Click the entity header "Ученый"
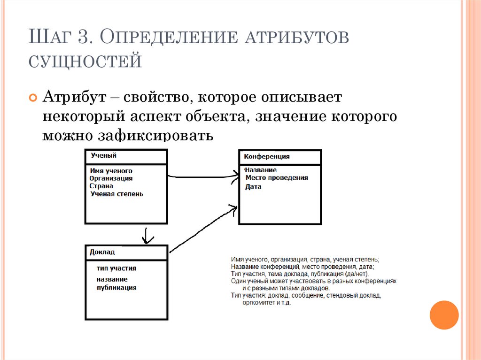pyautogui.click(x=103, y=156)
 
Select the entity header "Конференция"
pyautogui.click(x=266, y=157)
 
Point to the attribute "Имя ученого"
pyautogui.click(x=111, y=171)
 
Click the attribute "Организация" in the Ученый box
pyautogui.click(x=111, y=178)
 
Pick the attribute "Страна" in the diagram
pyautogui.click(x=102, y=186)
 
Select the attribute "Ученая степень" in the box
pyautogui.click(x=117, y=193)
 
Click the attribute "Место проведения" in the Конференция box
pyautogui.click(x=277, y=178)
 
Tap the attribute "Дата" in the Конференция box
pyautogui.click(x=253, y=187)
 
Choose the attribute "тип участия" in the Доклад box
pyautogui.click(x=116, y=268)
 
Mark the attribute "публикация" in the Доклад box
pyautogui.click(x=116, y=288)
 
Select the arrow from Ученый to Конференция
pyautogui.click(x=202, y=176)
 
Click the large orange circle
pyautogui.click(x=444, y=315)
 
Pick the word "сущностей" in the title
pyautogui.click(x=85, y=61)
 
